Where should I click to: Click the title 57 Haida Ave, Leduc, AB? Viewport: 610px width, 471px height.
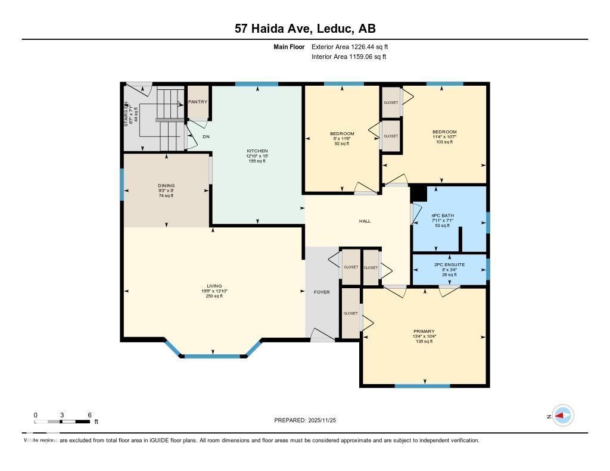tap(304, 29)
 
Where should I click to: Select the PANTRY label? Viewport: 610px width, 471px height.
tap(198, 102)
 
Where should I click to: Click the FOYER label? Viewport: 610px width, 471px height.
tap(322, 292)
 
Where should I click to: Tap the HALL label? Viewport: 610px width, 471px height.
tap(365, 221)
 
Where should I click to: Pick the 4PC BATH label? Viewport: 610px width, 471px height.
tap(443, 216)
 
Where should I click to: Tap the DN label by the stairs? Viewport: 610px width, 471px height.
tap(206, 137)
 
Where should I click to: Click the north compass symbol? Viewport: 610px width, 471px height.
tap(562, 416)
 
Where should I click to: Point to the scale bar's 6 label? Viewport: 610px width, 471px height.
tap(89, 414)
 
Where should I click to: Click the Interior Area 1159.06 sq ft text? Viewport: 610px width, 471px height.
tap(348, 57)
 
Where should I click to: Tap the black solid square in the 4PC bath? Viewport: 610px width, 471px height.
tap(419, 194)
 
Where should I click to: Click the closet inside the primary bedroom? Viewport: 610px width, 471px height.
tap(351, 313)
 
